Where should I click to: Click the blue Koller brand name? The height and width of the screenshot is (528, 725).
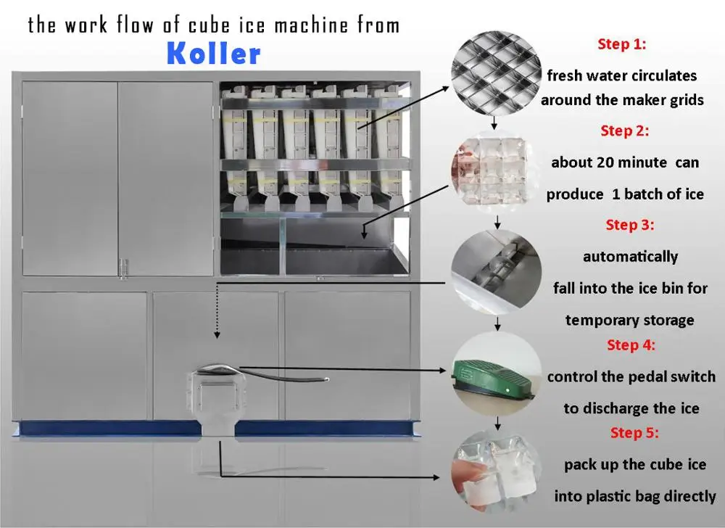(x=212, y=54)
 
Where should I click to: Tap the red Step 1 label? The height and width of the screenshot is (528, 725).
(x=621, y=44)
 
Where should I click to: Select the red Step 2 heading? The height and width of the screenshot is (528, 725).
(x=624, y=131)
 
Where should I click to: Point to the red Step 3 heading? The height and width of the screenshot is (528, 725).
(x=629, y=225)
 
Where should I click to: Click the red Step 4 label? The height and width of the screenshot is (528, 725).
(x=631, y=345)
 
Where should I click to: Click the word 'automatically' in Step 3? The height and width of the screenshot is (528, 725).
(x=630, y=256)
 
